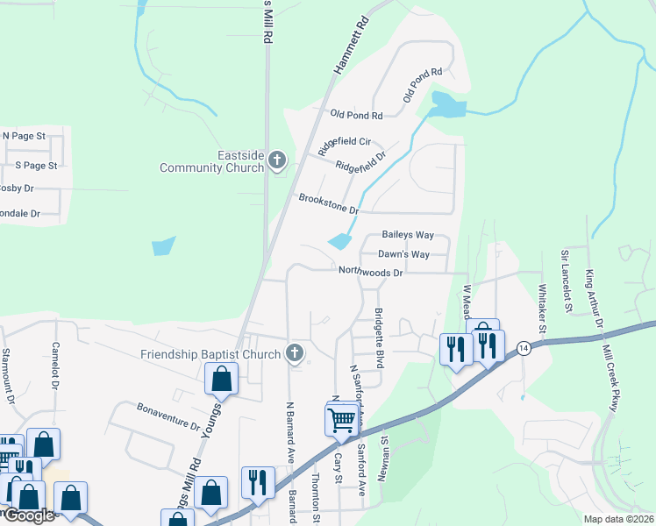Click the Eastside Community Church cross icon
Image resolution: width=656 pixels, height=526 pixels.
[278, 160]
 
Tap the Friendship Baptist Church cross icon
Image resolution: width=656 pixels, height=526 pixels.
[295, 353]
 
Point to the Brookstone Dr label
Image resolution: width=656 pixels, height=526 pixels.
[329, 204]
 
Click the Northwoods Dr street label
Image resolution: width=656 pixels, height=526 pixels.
[371, 273]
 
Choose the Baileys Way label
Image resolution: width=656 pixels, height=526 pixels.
[408, 236]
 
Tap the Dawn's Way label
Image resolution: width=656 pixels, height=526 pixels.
[403, 254]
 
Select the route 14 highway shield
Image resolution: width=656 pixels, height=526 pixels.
[524, 347]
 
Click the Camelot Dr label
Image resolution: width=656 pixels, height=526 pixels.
[55, 366]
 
